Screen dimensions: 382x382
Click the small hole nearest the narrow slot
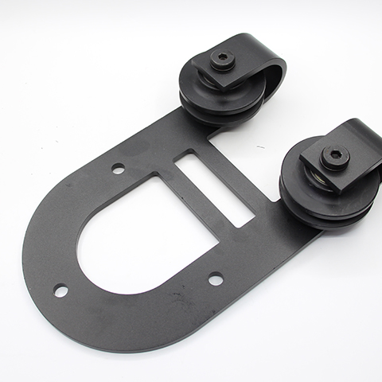click(118, 168)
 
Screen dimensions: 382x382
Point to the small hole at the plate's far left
click(60, 290)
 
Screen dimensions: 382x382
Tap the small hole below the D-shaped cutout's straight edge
click(216, 279)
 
